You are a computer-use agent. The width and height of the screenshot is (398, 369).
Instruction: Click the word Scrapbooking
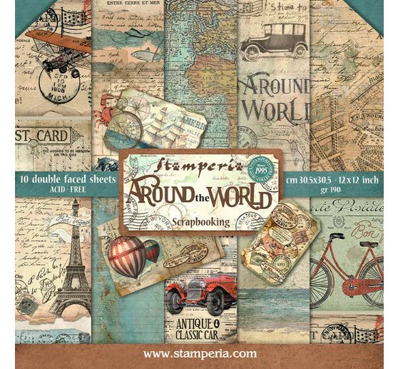point(200,222)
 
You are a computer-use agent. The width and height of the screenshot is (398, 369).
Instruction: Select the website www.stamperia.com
point(200,353)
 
